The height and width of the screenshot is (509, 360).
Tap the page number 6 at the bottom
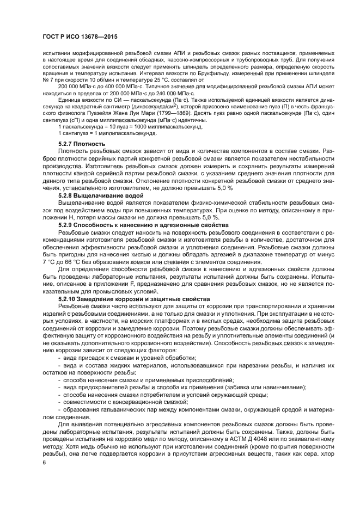[x=44, y=462]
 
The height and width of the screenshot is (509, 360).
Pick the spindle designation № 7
[x=47, y=80]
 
